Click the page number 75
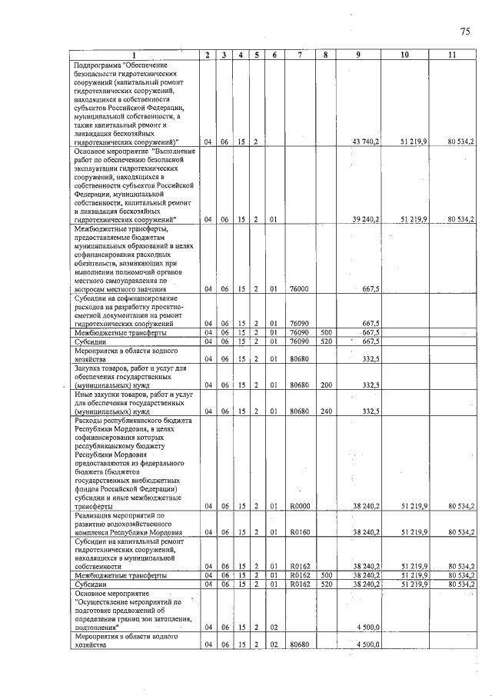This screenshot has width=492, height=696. [464, 32]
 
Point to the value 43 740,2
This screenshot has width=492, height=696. [366, 142]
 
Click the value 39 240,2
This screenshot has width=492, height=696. [366, 219]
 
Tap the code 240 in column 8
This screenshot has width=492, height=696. [325, 411]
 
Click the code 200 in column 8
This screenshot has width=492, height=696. [325, 385]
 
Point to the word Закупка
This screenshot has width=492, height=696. [88, 368]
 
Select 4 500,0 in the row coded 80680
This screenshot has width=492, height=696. [367, 644]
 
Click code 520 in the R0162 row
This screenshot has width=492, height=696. [325, 584]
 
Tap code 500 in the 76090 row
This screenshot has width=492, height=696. [325, 333]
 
